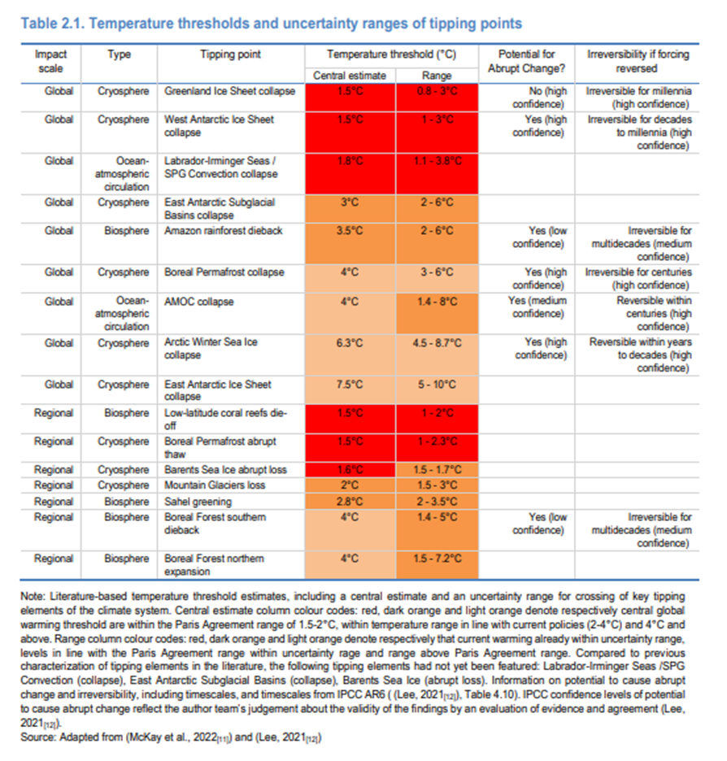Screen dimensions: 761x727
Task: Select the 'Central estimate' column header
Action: click(351, 76)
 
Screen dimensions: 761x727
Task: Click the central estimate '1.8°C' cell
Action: click(351, 161)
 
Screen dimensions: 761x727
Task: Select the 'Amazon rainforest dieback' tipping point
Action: click(223, 231)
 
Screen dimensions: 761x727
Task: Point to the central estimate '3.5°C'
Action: click(351, 231)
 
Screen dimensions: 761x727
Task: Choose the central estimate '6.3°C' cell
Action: click(351, 342)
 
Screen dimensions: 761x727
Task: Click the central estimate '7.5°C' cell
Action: click(351, 385)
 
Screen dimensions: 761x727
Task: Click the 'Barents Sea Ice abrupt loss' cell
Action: click(225, 470)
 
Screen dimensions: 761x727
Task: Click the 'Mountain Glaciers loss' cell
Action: click(215, 485)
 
